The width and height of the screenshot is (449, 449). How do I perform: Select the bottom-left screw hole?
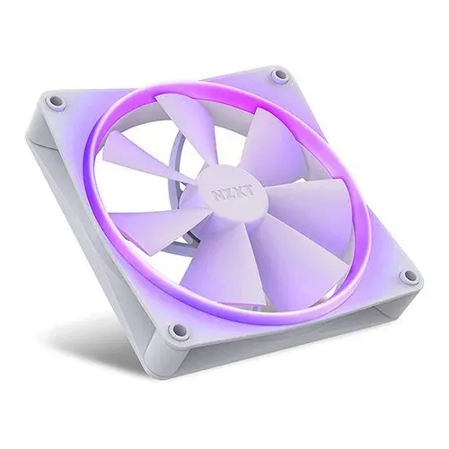click(x=175, y=330)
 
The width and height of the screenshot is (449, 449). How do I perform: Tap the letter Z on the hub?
click(x=231, y=193)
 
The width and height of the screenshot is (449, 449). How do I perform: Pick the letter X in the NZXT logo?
click(x=242, y=192)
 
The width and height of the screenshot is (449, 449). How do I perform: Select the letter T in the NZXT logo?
click(x=251, y=191)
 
